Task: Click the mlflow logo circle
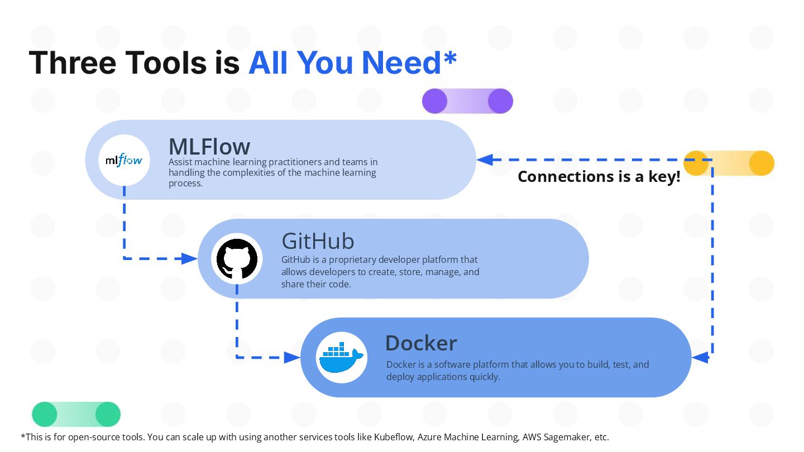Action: click(x=124, y=160)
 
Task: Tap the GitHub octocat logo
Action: click(x=237, y=259)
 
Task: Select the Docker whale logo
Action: click(x=341, y=357)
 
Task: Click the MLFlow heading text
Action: click(x=209, y=146)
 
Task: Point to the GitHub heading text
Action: click(x=318, y=241)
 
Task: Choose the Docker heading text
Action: click(x=421, y=343)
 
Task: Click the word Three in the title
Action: click(x=73, y=62)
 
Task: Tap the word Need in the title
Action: click(x=401, y=62)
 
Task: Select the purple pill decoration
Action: click(x=467, y=101)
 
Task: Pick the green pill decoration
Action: click(x=76, y=414)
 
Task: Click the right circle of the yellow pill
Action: click(x=762, y=163)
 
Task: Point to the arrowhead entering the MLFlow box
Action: click(x=485, y=160)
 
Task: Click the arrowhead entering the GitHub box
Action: click(x=189, y=259)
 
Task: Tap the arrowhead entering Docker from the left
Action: click(x=292, y=357)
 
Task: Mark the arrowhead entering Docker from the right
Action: click(x=700, y=357)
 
